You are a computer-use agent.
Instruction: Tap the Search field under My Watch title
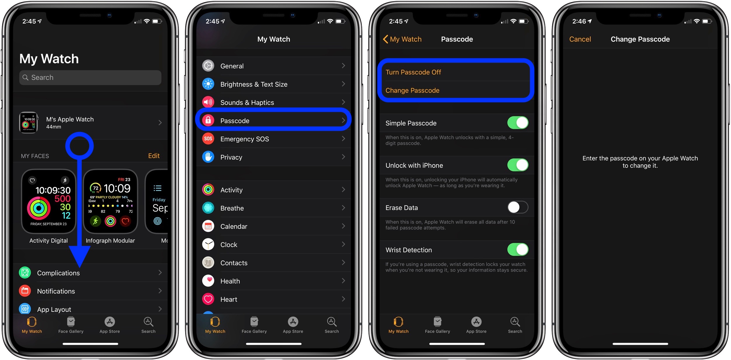(90, 78)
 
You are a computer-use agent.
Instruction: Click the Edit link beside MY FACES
(154, 156)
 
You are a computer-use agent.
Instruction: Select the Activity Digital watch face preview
(48, 202)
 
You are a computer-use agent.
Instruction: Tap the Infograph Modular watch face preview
(110, 202)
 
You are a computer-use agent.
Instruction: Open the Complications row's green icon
(25, 273)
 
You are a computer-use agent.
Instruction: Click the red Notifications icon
(25, 291)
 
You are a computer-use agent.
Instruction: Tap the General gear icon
(208, 66)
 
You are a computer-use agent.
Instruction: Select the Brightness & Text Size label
(254, 84)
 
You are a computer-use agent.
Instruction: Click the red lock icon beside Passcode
(208, 120)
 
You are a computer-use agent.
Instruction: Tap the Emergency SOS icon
(208, 139)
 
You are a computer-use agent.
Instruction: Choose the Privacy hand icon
(208, 157)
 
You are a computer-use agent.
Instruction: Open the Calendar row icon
(208, 226)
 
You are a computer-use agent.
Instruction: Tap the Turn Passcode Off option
(413, 72)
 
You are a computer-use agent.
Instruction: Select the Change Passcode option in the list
(412, 90)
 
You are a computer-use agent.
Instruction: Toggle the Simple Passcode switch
(517, 123)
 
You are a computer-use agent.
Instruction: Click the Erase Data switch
(517, 207)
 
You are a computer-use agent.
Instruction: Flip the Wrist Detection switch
(517, 250)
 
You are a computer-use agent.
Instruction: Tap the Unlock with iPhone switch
(517, 165)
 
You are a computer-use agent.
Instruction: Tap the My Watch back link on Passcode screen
(402, 39)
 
